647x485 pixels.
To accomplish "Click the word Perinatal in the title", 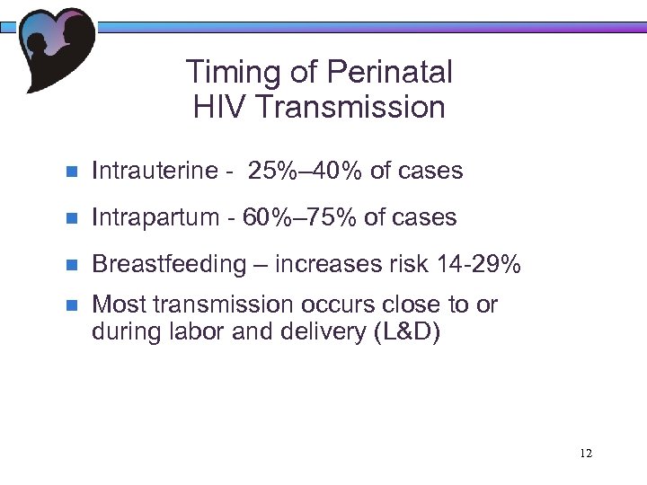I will click(390, 73).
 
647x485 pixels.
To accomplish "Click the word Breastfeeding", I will click(169, 264).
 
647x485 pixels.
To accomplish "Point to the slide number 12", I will click(586, 453).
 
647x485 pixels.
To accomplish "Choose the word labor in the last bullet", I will click(190, 332).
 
